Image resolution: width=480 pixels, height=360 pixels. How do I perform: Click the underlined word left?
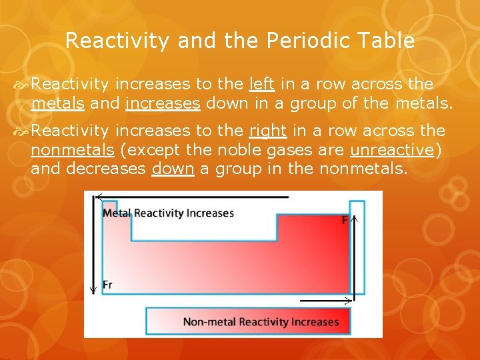click(x=262, y=85)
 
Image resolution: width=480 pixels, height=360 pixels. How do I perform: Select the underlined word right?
click(x=267, y=131)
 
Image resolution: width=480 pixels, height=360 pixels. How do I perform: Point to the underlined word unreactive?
click(x=393, y=149)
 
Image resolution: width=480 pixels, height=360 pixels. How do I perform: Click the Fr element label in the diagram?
click(x=108, y=285)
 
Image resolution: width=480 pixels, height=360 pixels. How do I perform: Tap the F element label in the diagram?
click(x=345, y=220)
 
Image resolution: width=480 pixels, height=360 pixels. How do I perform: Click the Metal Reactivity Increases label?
click(x=168, y=213)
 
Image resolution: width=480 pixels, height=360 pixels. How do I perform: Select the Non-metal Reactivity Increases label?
click(x=261, y=322)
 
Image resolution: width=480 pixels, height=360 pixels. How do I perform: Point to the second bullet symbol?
click(x=21, y=131)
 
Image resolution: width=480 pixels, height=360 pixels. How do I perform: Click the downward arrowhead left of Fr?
click(x=93, y=290)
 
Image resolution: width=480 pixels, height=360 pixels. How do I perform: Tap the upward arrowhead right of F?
click(x=355, y=217)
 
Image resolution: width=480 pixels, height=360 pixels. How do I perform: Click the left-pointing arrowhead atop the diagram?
click(x=99, y=197)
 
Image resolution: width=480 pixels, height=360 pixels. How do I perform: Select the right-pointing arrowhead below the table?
click(x=349, y=301)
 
